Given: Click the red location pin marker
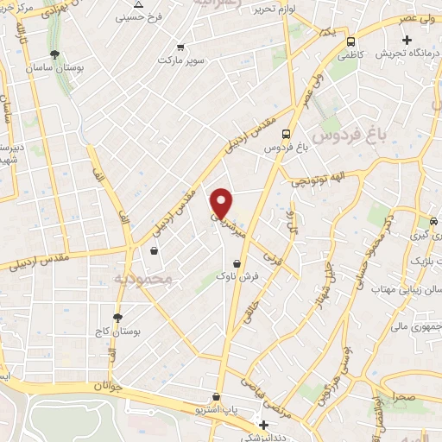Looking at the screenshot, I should click(x=222, y=202).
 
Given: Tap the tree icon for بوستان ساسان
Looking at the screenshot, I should click(x=55, y=54).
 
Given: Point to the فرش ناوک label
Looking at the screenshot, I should click(x=235, y=277).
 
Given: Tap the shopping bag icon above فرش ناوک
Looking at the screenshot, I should click(x=236, y=263).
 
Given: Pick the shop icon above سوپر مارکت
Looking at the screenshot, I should click(x=180, y=47).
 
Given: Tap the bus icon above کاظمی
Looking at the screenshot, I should click(x=351, y=41).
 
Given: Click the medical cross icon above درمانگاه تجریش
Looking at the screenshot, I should click(x=407, y=40).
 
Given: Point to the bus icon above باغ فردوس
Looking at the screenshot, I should click(x=285, y=133).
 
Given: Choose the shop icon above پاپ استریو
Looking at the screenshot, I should click(x=216, y=397).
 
